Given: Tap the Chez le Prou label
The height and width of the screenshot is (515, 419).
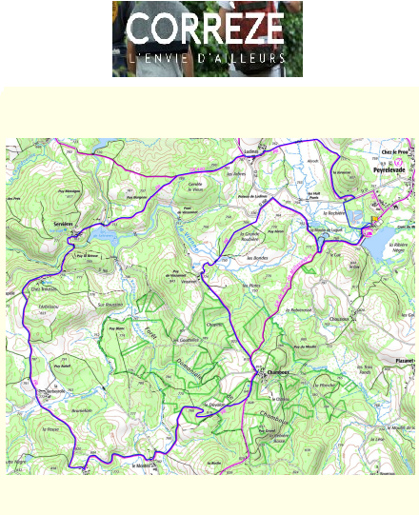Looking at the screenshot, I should click(394, 150).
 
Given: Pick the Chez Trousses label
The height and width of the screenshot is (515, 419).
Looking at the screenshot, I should click(46, 289).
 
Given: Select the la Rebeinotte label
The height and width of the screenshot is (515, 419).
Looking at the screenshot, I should click(301, 310).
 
